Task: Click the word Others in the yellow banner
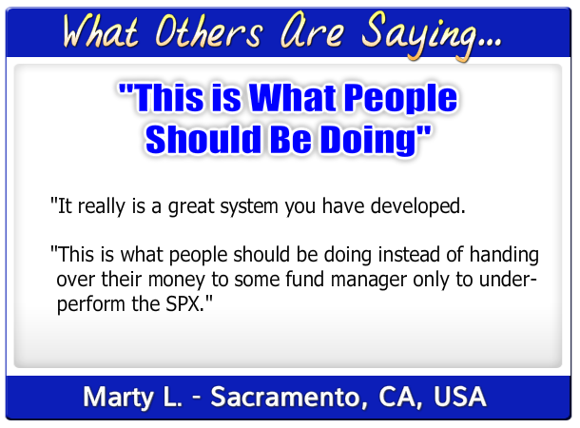pyautogui.click(x=209, y=31)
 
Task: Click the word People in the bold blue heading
pyautogui.click(x=400, y=98)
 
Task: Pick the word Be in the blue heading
pyautogui.click(x=291, y=139)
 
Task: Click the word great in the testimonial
pyautogui.click(x=191, y=206)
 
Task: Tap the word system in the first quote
pyautogui.click(x=249, y=207)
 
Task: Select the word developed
pyautogui.click(x=418, y=206)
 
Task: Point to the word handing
pyautogui.click(x=504, y=256)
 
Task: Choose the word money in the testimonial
pyautogui.click(x=177, y=280)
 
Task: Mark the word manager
pyautogui.click(x=369, y=281)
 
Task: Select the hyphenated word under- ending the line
pyautogui.click(x=508, y=279)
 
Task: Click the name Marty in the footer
pyautogui.click(x=118, y=398)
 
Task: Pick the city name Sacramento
pyautogui.click(x=285, y=397)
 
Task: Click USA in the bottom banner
pyautogui.click(x=460, y=397)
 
